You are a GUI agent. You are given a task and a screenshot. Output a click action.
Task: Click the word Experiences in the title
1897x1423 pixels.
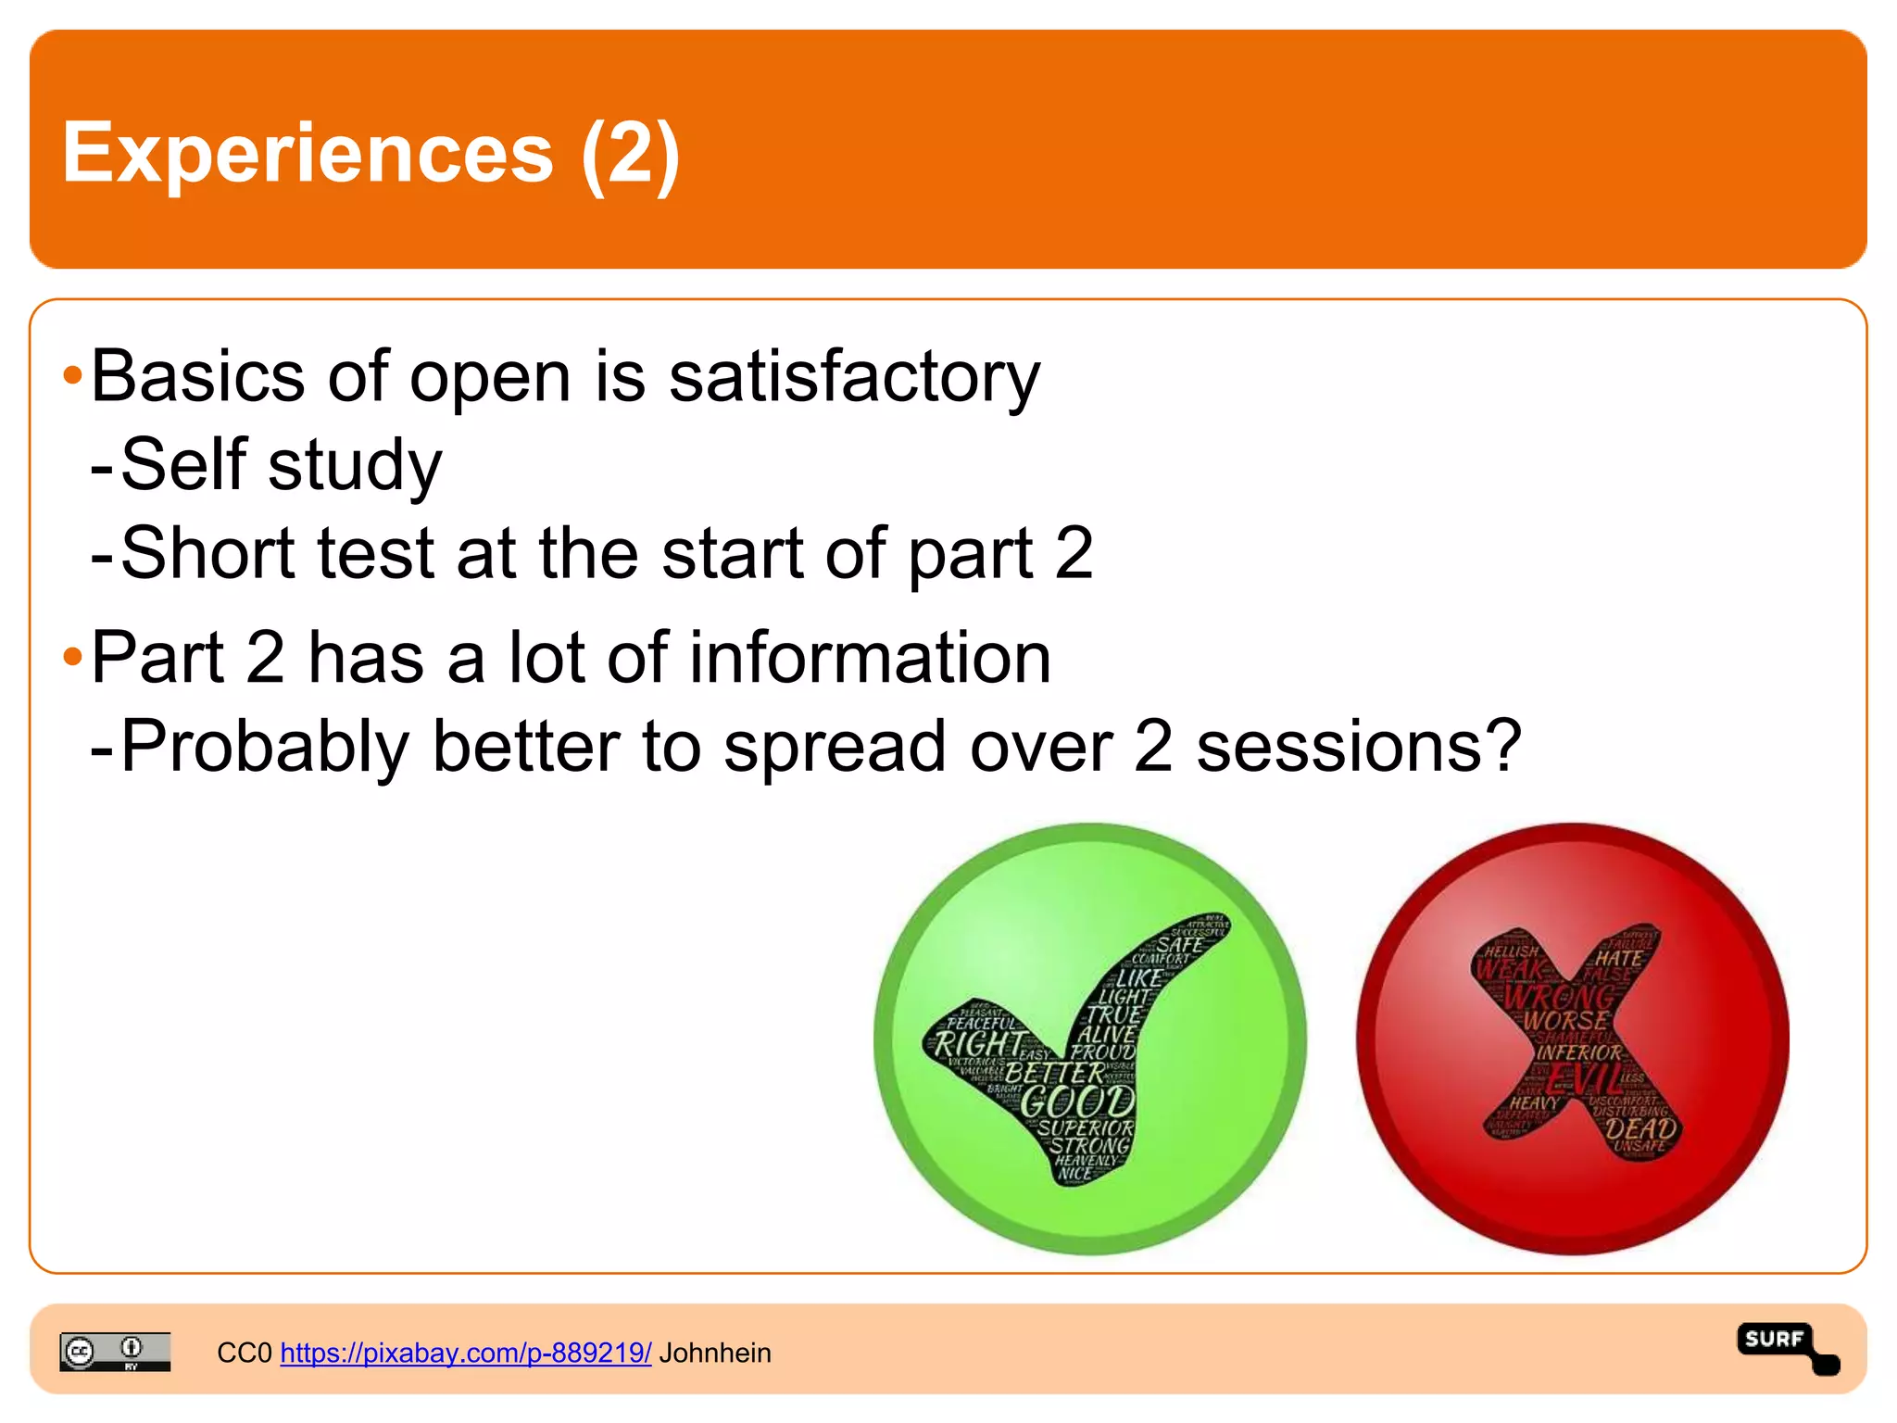[x=308, y=153]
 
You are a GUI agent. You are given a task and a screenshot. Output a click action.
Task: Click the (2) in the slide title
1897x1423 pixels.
[x=631, y=153]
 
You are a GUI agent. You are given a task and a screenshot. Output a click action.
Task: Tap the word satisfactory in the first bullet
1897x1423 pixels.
[x=854, y=377]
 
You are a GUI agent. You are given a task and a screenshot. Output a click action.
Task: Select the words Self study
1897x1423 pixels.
[x=282, y=464]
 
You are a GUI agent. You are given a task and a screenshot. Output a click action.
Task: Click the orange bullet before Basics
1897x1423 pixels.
[x=72, y=377]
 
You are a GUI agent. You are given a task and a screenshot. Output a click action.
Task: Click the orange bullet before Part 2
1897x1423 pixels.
[x=72, y=658]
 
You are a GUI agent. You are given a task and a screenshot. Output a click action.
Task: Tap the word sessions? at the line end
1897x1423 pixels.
[x=1359, y=746]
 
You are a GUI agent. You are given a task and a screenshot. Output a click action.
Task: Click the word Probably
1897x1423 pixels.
[x=265, y=746]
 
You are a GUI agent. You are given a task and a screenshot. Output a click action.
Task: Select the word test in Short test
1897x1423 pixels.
[x=375, y=553]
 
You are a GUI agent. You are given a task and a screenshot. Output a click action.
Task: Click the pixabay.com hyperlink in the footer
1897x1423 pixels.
[x=465, y=1353]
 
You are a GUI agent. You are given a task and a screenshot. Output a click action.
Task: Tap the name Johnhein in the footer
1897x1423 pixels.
[x=715, y=1353]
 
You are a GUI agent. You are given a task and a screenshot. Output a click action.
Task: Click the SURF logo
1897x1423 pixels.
[x=1786, y=1345]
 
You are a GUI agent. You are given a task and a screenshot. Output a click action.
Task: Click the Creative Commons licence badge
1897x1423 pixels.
[x=115, y=1351]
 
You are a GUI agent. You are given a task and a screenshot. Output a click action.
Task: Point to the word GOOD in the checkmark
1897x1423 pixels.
[x=1077, y=1102]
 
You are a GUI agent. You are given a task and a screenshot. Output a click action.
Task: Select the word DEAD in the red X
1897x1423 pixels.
[x=1640, y=1128]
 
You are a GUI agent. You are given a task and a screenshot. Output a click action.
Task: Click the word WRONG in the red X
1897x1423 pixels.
[x=1560, y=997]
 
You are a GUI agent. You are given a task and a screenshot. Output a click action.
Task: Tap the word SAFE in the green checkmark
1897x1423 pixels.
[x=1179, y=945]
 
